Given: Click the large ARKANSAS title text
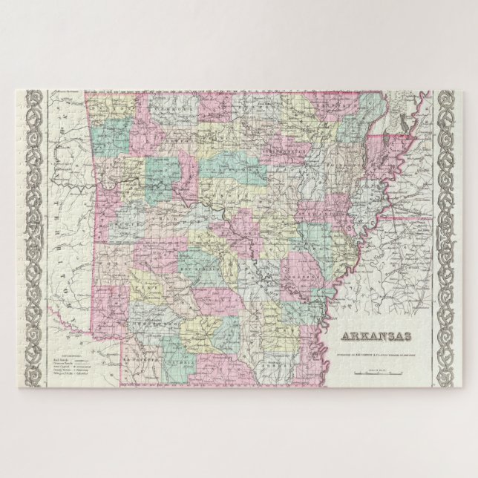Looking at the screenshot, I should [x=376, y=337].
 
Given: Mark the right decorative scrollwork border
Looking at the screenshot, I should [x=448, y=239].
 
